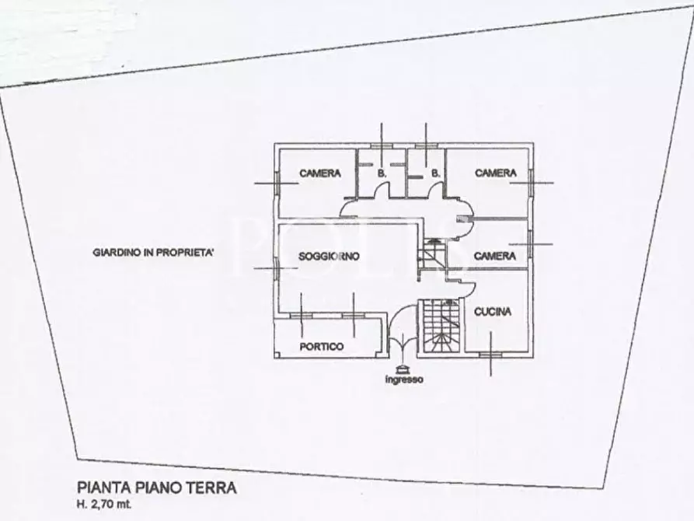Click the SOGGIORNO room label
(329, 256)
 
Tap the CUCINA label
(493, 312)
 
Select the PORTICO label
(321, 347)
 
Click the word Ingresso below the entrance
(403, 379)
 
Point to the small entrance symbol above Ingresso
(403, 369)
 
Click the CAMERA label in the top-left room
(320, 173)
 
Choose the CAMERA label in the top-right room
(495, 173)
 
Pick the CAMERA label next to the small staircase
(495, 256)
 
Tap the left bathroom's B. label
(382, 173)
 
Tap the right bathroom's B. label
(435, 173)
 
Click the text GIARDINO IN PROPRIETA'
(153, 252)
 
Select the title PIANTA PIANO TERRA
(156, 488)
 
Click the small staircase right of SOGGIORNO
(431, 255)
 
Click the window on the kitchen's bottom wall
(490, 355)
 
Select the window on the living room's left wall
(275, 265)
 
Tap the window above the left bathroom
(381, 145)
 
